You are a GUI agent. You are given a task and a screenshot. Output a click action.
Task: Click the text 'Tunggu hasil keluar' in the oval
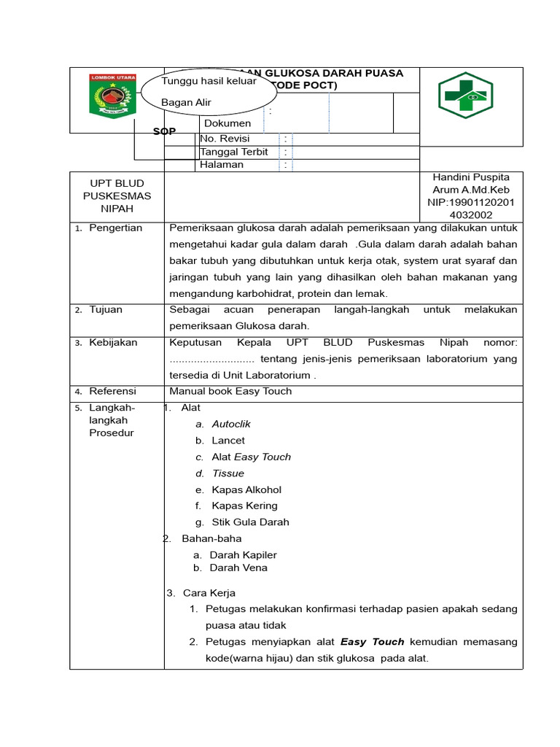tap(209, 81)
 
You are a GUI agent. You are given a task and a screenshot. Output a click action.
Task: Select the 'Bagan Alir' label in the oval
tap(186, 103)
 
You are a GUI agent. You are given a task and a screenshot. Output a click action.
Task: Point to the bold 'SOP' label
tap(164, 131)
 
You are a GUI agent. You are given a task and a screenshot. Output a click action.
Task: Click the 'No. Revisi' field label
tap(225, 139)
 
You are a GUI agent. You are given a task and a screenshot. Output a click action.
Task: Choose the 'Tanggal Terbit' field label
tap(234, 152)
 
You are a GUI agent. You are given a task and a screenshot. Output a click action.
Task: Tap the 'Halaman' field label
tap(222, 165)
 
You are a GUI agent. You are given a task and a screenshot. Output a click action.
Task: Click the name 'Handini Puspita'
tap(471, 177)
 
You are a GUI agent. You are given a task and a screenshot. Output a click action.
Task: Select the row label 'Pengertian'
tap(115, 228)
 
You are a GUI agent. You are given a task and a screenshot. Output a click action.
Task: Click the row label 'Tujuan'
tap(106, 310)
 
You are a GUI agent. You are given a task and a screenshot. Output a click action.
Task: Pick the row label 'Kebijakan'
tap(113, 343)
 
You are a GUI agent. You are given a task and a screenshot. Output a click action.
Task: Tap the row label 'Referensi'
tap(112, 392)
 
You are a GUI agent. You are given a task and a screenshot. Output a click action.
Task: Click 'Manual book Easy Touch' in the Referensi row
tap(230, 392)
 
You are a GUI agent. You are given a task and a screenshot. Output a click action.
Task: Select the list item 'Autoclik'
tap(231, 424)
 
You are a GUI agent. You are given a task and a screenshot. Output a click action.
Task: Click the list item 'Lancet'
tap(228, 441)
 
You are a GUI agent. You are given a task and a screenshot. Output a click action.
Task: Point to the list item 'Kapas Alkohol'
tap(246, 489)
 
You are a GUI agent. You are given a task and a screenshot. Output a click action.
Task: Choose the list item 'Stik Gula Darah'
tap(250, 522)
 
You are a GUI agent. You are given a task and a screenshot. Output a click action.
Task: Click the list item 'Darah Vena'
tap(238, 568)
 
